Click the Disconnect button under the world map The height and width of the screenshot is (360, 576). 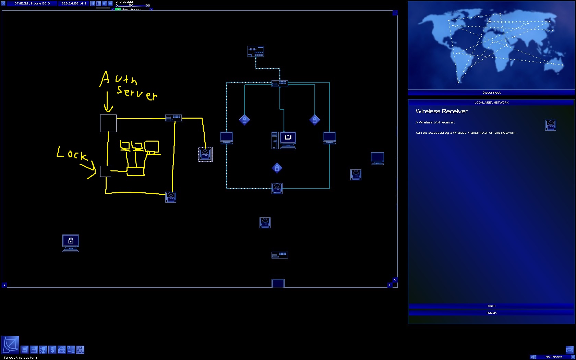[x=491, y=93]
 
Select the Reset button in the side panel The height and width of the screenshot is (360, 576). [x=491, y=313]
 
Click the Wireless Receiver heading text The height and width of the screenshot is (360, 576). [x=441, y=111]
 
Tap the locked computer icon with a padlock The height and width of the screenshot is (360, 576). [x=71, y=243]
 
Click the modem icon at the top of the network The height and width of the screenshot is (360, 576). [x=256, y=51]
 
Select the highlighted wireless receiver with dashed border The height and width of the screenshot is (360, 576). [x=205, y=154]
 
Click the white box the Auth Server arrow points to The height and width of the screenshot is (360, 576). [x=108, y=123]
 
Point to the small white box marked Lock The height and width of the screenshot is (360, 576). [x=105, y=171]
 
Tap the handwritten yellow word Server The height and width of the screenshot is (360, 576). [x=136, y=92]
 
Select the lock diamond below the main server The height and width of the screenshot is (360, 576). [x=277, y=168]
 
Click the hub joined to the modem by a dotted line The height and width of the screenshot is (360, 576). [x=280, y=83]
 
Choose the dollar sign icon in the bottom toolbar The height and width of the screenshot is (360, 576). [x=52, y=350]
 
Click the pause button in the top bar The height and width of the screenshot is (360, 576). [x=93, y=3]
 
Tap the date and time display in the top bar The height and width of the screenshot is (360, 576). [x=32, y=3]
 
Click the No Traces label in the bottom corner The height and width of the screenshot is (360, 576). [x=553, y=357]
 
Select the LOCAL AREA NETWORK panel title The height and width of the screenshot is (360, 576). [x=491, y=103]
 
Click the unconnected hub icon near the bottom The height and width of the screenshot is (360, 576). [x=280, y=255]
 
